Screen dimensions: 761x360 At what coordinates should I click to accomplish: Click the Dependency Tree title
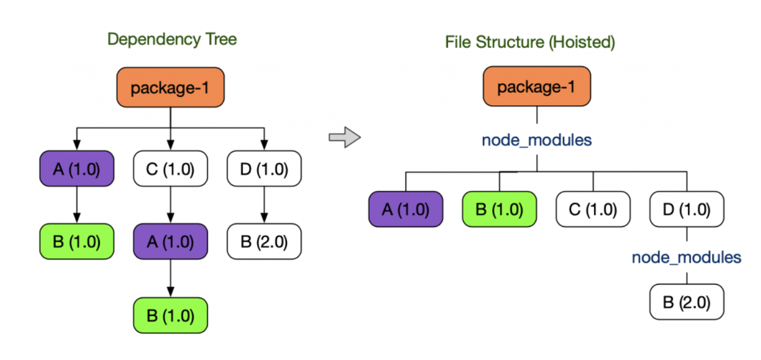(x=172, y=40)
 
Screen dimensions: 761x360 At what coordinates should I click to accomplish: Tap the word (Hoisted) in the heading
(x=582, y=42)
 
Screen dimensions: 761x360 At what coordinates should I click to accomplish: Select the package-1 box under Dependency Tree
(x=170, y=87)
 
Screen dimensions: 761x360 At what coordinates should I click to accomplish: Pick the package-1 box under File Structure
(x=537, y=86)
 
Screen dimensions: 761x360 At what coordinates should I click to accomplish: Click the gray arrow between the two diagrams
(x=344, y=137)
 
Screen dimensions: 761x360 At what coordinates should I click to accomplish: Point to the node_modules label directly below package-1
(x=537, y=140)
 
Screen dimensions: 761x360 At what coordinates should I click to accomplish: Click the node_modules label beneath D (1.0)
(x=687, y=257)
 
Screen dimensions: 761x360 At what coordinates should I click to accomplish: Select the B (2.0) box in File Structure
(x=687, y=302)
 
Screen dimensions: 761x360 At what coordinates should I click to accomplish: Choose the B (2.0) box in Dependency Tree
(x=264, y=242)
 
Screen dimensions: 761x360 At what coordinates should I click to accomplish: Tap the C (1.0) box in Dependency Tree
(x=170, y=169)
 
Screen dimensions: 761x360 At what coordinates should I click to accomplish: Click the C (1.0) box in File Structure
(x=593, y=209)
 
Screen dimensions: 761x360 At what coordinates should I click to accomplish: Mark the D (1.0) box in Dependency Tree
(x=264, y=169)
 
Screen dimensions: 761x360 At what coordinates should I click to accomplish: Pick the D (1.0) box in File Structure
(x=687, y=209)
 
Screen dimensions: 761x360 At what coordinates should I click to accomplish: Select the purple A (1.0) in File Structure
(x=405, y=209)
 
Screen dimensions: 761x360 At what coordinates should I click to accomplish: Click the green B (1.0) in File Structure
(x=499, y=209)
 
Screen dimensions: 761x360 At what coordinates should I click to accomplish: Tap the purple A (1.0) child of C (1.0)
(x=170, y=242)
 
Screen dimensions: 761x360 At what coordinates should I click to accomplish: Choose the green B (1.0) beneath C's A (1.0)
(x=170, y=315)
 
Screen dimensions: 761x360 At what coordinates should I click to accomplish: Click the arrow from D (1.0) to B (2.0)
(x=264, y=205)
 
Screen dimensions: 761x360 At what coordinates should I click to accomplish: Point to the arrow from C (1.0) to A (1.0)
(x=170, y=205)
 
